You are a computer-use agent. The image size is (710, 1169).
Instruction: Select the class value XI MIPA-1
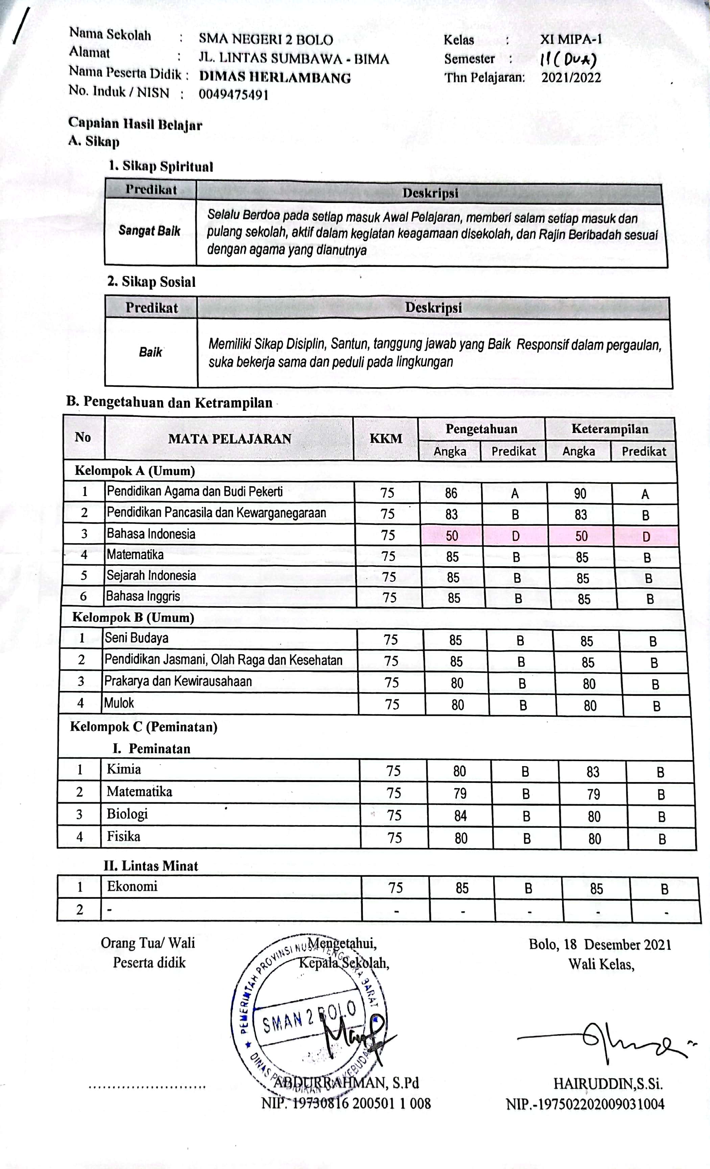click(571, 39)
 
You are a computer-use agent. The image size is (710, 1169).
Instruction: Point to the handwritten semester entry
click(568, 60)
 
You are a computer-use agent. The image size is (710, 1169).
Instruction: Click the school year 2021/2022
click(571, 77)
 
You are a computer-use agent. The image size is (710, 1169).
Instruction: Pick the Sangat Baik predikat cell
click(149, 231)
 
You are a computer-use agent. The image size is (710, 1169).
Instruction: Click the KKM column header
click(385, 438)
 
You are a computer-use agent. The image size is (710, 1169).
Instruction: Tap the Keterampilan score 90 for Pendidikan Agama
click(580, 494)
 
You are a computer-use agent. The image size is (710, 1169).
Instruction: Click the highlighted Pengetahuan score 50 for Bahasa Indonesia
click(451, 536)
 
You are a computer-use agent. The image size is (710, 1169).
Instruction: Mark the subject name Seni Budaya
click(137, 638)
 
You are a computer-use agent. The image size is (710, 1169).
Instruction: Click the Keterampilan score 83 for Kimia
click(593, 772)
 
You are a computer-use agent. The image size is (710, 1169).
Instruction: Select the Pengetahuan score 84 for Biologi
click(460, 816)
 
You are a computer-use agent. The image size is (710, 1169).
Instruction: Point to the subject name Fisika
click(123, 836)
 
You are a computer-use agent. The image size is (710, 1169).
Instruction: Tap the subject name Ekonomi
click(132, 886)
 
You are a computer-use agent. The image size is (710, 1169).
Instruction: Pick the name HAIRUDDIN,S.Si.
click(608, 1084)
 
